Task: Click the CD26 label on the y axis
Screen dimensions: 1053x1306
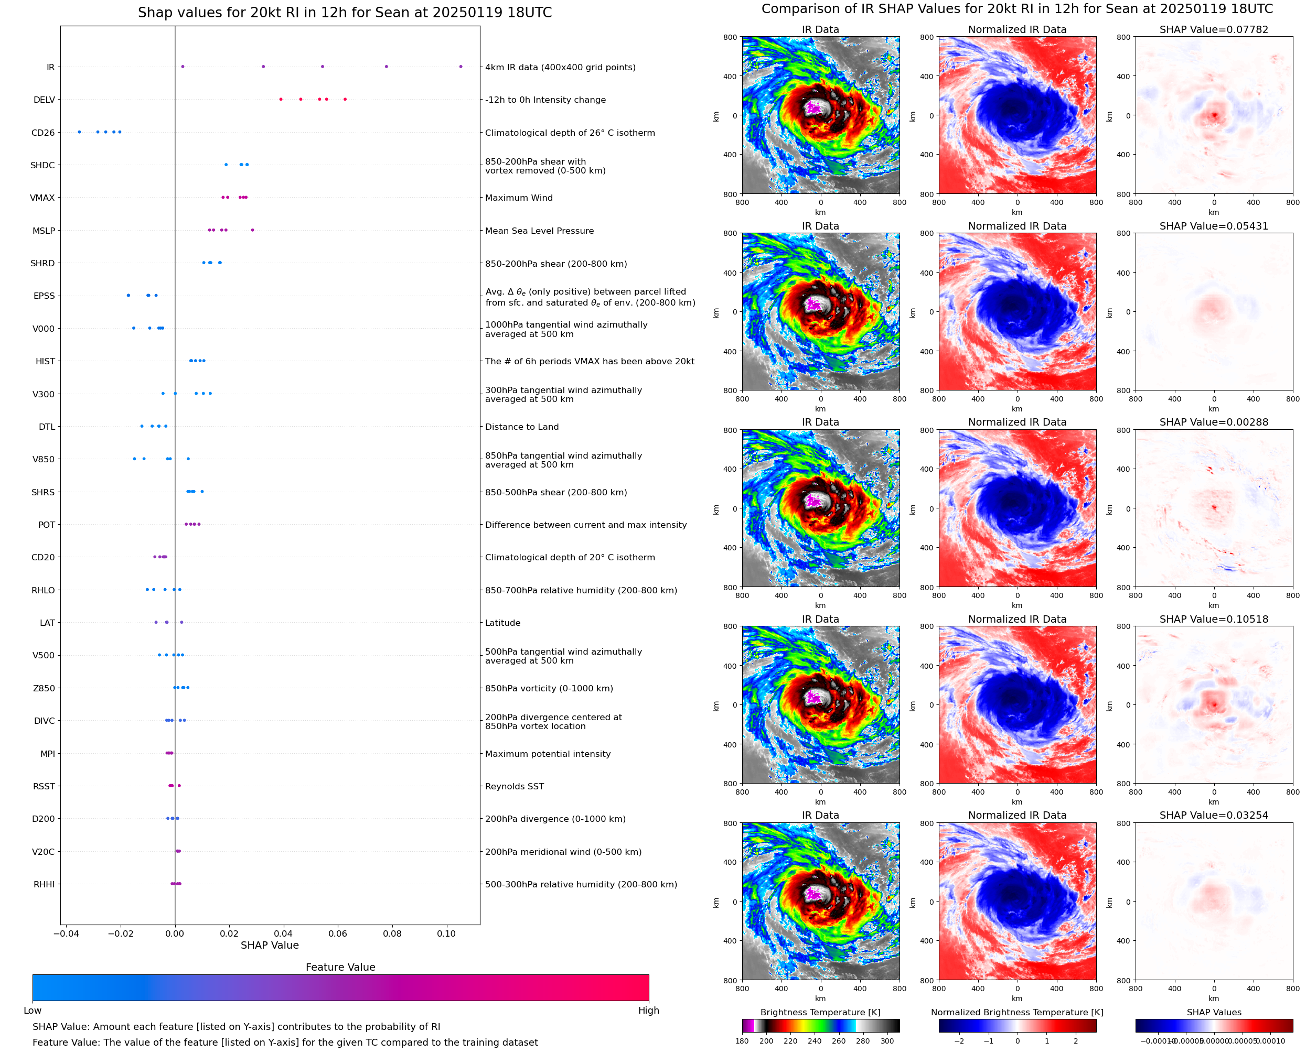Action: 42,133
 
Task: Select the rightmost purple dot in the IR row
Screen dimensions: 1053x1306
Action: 461,67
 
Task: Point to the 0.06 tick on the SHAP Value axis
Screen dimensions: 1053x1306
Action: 338,933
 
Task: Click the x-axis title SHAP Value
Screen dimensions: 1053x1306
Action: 270,945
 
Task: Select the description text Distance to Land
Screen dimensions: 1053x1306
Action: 521,427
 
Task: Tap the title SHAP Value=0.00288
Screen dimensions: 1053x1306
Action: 1213,422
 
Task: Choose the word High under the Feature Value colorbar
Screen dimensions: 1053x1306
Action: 648,1011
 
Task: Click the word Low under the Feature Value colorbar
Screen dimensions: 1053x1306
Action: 33,1011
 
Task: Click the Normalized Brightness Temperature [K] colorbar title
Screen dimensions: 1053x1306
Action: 1016,1012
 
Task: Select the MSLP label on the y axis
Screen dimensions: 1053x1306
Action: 44,231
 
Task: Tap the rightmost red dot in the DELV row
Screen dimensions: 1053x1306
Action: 345,100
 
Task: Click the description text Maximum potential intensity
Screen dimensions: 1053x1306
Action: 548,754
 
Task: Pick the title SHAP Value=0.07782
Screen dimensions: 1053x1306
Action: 1213,30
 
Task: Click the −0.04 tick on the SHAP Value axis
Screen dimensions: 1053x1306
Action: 66,933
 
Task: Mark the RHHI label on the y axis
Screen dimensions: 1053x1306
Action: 44,884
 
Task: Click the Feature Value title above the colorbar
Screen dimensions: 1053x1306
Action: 340,967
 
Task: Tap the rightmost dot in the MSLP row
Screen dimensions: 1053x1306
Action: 252,231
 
